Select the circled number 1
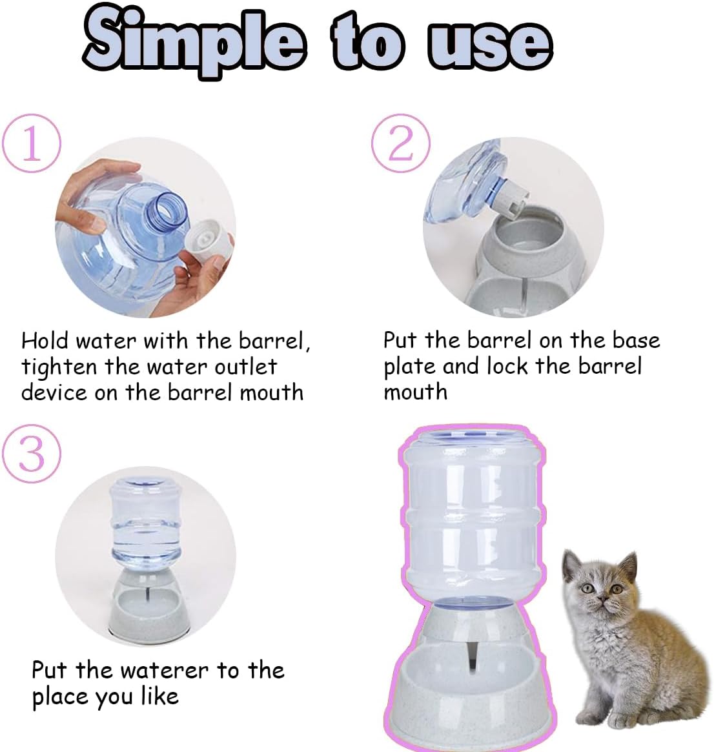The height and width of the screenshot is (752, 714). (32, 143)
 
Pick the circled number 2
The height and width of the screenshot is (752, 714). (400, 143)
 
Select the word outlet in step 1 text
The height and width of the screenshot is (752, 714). (245, 367)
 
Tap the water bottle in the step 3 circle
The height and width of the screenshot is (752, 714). (145, 523)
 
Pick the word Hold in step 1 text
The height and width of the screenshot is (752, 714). (45, 341)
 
